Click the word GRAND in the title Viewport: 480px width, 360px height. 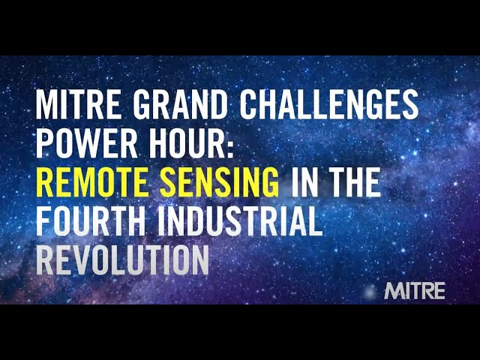coord(181,105)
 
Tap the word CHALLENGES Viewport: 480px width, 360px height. coord(329,105)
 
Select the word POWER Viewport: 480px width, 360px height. coord(87,143)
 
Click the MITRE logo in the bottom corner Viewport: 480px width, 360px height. coord(415,291)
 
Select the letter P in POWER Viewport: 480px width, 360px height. coord(45,143)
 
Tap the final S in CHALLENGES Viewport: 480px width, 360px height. coord(410,105)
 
